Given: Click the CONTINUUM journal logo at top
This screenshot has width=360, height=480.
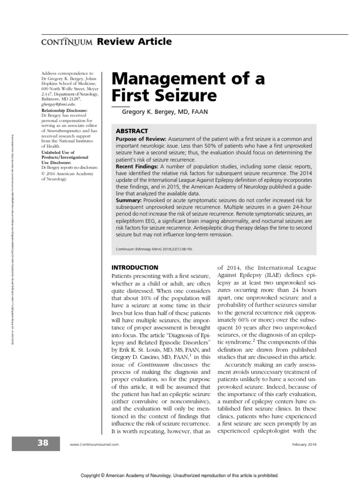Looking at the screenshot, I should (x=64, y=43).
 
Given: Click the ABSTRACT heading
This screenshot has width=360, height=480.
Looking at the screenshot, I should (x=132, y=131).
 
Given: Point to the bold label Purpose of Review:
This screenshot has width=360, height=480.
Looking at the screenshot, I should (x=140, y=140).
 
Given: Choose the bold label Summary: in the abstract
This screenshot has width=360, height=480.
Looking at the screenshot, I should (x=129, y=200).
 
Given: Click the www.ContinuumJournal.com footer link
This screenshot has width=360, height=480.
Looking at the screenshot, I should (x=94, y=444).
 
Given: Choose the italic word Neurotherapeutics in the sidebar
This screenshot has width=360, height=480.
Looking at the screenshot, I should (x=66, y=131).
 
